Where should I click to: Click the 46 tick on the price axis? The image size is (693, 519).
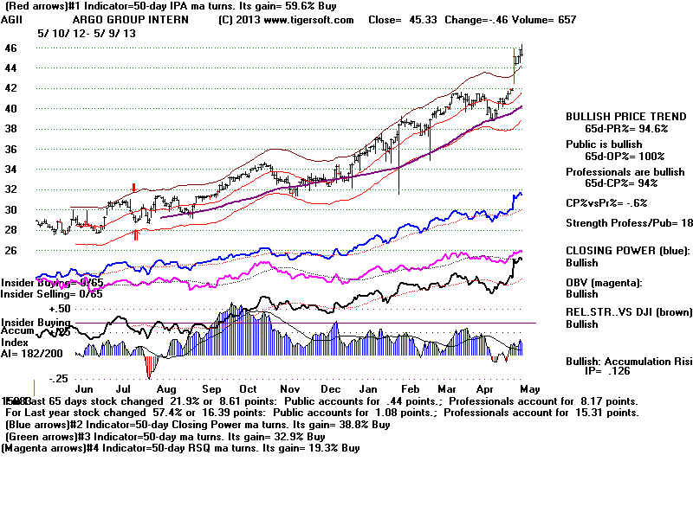(x=10, y=48)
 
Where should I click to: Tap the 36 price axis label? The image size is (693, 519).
(x=10, y=149)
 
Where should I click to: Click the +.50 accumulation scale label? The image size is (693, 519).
(x=35, y=308)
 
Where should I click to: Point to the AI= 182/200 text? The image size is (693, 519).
(x=33, y=354)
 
